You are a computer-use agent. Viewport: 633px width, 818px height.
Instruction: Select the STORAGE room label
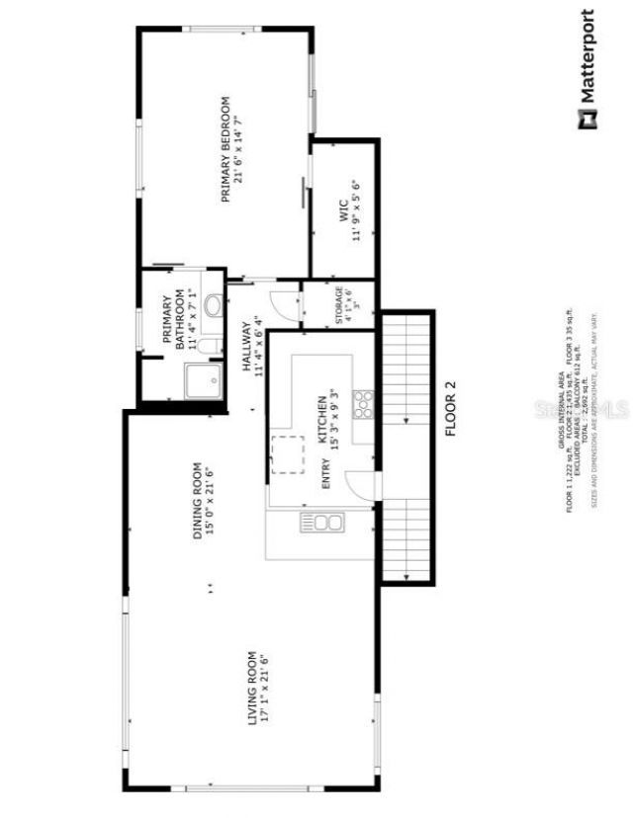[x=338, y=305]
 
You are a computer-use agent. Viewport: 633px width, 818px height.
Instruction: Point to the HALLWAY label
[x=247, y=345]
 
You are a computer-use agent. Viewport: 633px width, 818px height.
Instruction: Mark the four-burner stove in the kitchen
[x=363, y=403]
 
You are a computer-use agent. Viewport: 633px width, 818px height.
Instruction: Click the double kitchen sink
[x=320, y=523]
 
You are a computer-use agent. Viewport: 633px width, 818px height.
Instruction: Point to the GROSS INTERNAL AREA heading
[x=561, y=415]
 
